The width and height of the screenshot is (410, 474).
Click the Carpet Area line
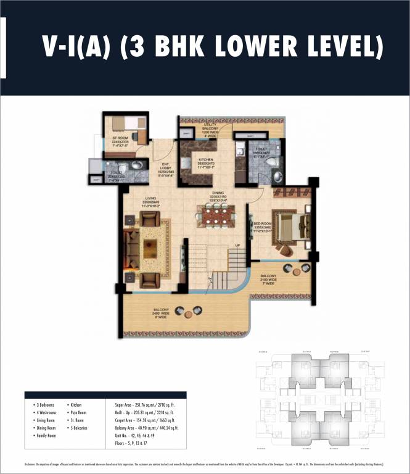[142, 420]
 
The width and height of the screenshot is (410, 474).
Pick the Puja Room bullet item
[78, 412]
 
